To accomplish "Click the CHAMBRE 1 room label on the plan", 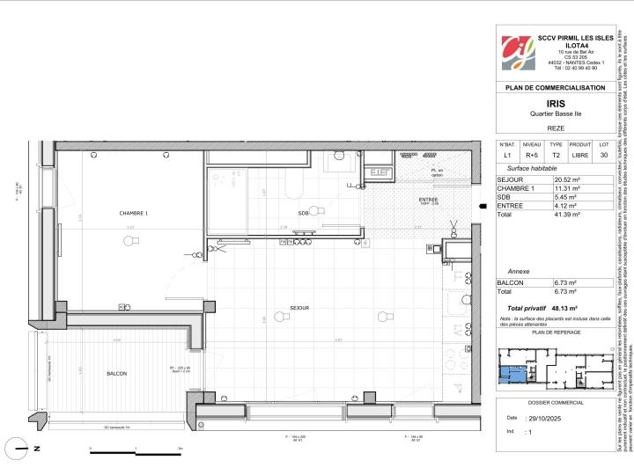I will (x=134, y=214).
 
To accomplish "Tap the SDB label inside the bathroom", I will (x=303, y=213).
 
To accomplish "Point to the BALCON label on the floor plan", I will (x=116, y=349).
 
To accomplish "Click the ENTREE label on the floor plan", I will (x=428, y=201).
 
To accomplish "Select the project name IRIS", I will (x=554, y=102).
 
